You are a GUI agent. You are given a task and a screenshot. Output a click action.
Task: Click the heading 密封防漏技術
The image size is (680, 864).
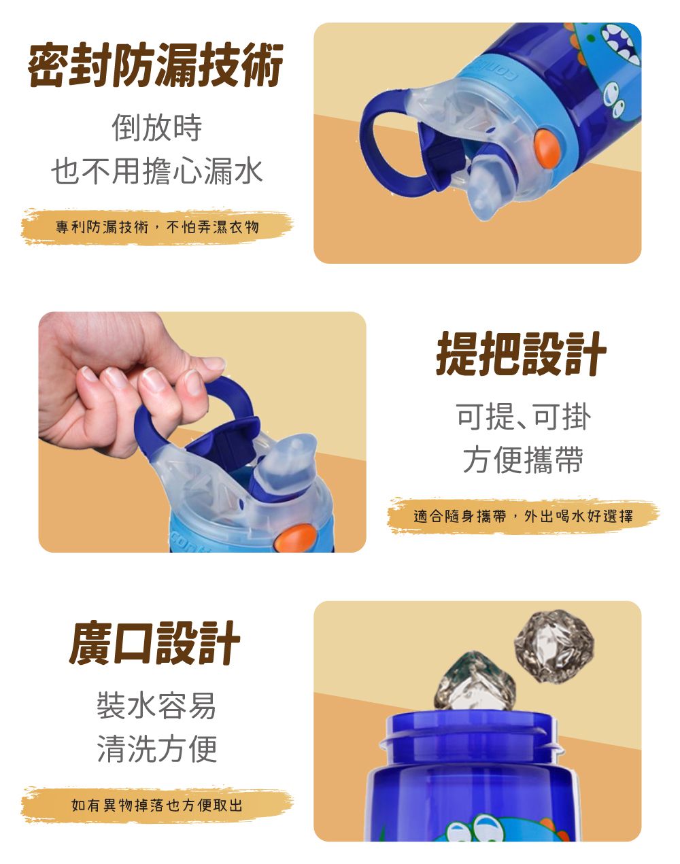[x=156, y=65]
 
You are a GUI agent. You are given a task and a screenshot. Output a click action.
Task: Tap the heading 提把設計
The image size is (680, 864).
[x=521, y=354]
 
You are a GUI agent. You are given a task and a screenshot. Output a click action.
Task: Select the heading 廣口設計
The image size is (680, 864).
[x=155, y=642]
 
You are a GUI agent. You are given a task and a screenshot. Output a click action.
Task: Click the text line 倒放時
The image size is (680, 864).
[x=156, y=127]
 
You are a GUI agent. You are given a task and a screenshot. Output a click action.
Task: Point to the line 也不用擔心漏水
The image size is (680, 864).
[x=156, y=171]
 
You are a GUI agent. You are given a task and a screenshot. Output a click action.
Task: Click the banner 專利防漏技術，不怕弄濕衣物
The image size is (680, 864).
[x=157, y=226]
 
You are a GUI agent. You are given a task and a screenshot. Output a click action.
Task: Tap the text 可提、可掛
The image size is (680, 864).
[x=523, y=416]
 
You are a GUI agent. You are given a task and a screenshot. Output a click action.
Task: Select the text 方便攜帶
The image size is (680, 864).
[x=523, y=460]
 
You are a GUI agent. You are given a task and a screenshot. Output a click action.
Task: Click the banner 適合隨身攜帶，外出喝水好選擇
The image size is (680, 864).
[x=523, y=516]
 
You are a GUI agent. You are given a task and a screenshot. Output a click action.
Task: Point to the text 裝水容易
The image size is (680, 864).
[x=156, y=705]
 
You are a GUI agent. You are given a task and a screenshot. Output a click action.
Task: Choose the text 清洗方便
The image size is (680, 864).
[x=156, y=748]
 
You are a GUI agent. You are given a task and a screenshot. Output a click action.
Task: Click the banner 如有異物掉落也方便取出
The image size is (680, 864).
[x=157, y=806]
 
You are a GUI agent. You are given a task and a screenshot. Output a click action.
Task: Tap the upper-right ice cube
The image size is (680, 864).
[x=554, y=645]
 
